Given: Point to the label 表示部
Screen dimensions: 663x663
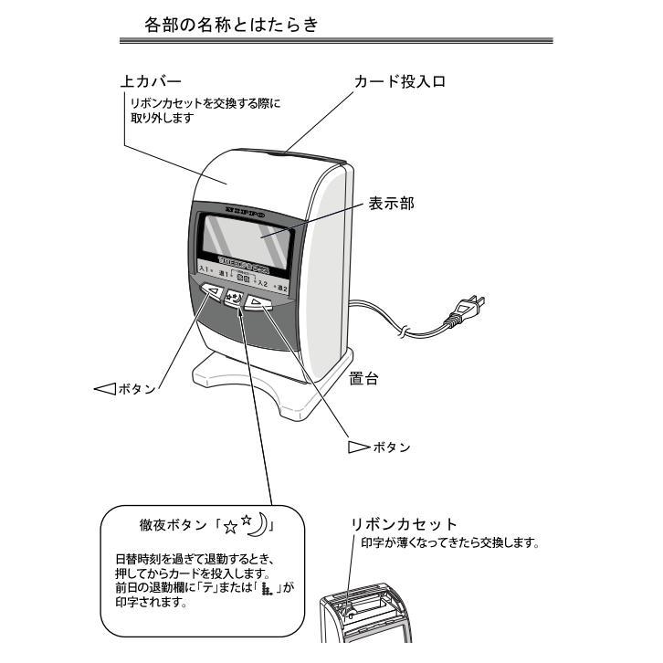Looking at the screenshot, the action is pyautogui.click(x=392, y=203).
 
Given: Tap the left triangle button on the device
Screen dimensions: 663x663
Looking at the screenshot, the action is pyautogui.click(x=213, y=293).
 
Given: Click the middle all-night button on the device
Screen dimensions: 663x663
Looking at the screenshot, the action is pyautogui.click(x=236, y=299).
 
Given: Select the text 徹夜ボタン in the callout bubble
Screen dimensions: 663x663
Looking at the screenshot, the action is pyautogui.click(x=172, y=528).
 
